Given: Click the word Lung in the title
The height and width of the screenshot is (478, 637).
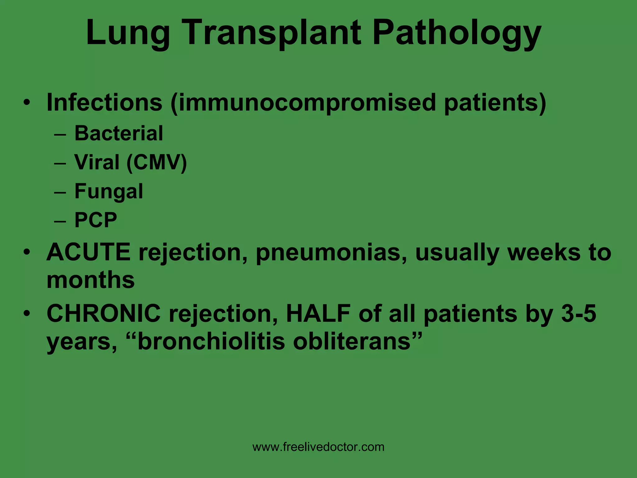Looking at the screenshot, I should [x=128, y=34].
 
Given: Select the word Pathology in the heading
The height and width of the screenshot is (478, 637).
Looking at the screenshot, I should [x=457, y=34].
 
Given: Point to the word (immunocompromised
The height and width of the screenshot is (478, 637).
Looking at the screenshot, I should [x=303, y=103].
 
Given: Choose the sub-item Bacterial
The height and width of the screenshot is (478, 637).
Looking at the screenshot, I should [x=119, y=133].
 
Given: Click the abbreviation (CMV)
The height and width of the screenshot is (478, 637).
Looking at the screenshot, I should [x=157, y=162].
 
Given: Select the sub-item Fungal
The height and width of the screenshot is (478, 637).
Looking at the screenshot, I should [x=109, y=191].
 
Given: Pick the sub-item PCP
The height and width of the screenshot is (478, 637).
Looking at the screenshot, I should [x=96, y=220].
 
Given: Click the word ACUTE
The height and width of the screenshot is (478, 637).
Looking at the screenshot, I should [x=89, y=252].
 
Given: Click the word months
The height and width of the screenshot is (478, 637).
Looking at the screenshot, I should [x=91, y=280].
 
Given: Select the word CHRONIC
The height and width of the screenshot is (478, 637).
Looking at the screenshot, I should [x=104, y=313].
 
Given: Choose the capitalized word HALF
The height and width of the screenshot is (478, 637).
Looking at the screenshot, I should [x=318, y=313].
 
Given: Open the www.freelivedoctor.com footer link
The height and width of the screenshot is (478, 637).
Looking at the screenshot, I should [x=318, y=447].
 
